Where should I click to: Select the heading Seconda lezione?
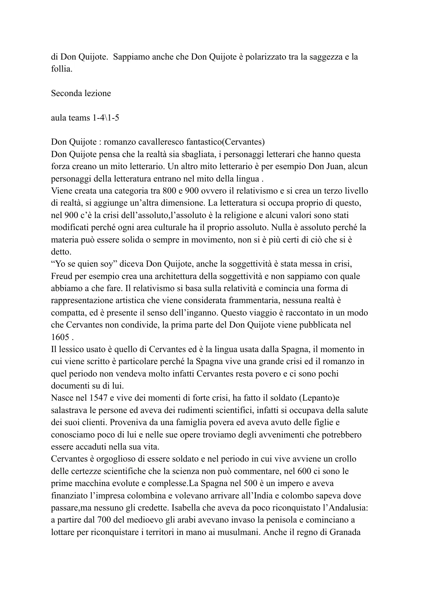pos(81,93)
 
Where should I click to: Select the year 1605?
pos(59,337)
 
